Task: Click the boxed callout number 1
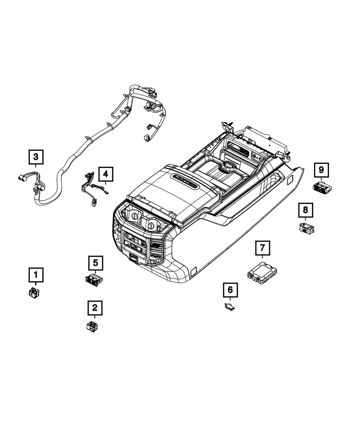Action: point(36,275)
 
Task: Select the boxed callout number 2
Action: point(95,308)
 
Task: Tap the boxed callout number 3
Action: point(36,157)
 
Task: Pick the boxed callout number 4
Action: point(106,174)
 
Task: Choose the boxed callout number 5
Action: point(96,263)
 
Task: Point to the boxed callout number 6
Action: point(230,290)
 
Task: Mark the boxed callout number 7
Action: point(262,248)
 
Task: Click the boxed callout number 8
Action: point(306,210)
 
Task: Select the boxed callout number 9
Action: point(321,170)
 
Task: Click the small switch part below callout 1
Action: point(34,292)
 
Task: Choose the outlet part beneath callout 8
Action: point(306,229)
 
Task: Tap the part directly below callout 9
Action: point(323,187)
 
